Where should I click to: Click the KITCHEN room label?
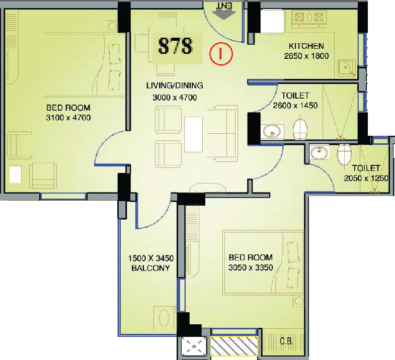[x=306, y=46]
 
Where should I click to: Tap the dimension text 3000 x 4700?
[x=175, y=98]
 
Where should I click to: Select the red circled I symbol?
[x=221, y=54]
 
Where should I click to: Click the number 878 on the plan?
[x=175, y=46]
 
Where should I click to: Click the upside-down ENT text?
[x=224, y=6]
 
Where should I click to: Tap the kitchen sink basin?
[x=346, y=67]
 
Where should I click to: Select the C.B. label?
[x=286, y=341]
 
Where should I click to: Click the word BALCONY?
[x=150, y=268]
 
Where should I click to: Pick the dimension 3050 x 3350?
[x=251, y=267]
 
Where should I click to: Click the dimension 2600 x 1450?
[x=295, y=105]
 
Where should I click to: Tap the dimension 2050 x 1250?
[x=366, y=178]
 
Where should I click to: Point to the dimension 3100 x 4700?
[x=68, y=118]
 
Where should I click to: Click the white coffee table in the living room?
[x=193, y=134]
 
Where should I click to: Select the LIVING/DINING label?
[x=175, y=85]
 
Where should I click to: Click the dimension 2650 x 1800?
[x=306, y=56]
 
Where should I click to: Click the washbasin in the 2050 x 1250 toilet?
[x=319, y=152]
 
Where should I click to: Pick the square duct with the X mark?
[x=194, y=346]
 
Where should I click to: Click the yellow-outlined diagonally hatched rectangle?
[x=234, y=346]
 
